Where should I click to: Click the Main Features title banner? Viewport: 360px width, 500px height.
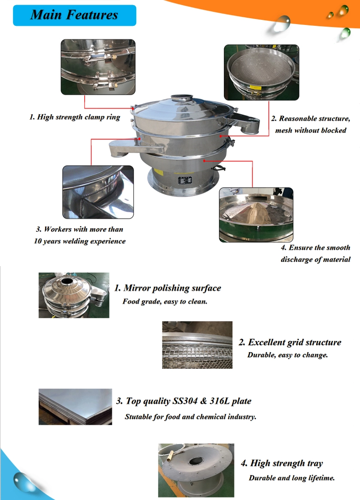pos(74,15)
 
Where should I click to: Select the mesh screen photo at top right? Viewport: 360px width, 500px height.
pos(261,72)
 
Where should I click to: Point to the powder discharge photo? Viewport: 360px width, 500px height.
pos(256,214)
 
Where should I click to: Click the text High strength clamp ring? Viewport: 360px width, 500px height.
pos(75,117)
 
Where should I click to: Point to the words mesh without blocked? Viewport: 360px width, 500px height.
pos(311,130)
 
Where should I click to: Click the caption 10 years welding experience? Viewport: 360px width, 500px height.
pos(79,241)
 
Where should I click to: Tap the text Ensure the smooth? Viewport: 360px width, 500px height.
pos(316,248)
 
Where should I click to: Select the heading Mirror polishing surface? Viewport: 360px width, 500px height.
pos(168,288)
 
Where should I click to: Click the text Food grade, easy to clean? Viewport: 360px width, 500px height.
pos(165,301)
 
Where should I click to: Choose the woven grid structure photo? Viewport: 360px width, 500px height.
pos(197,345)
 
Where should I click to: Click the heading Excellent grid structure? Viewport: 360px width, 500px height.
pos(290,342)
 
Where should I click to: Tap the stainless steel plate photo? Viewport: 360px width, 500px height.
pos(75,407)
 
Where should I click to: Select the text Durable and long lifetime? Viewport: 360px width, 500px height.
pos(292,478)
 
